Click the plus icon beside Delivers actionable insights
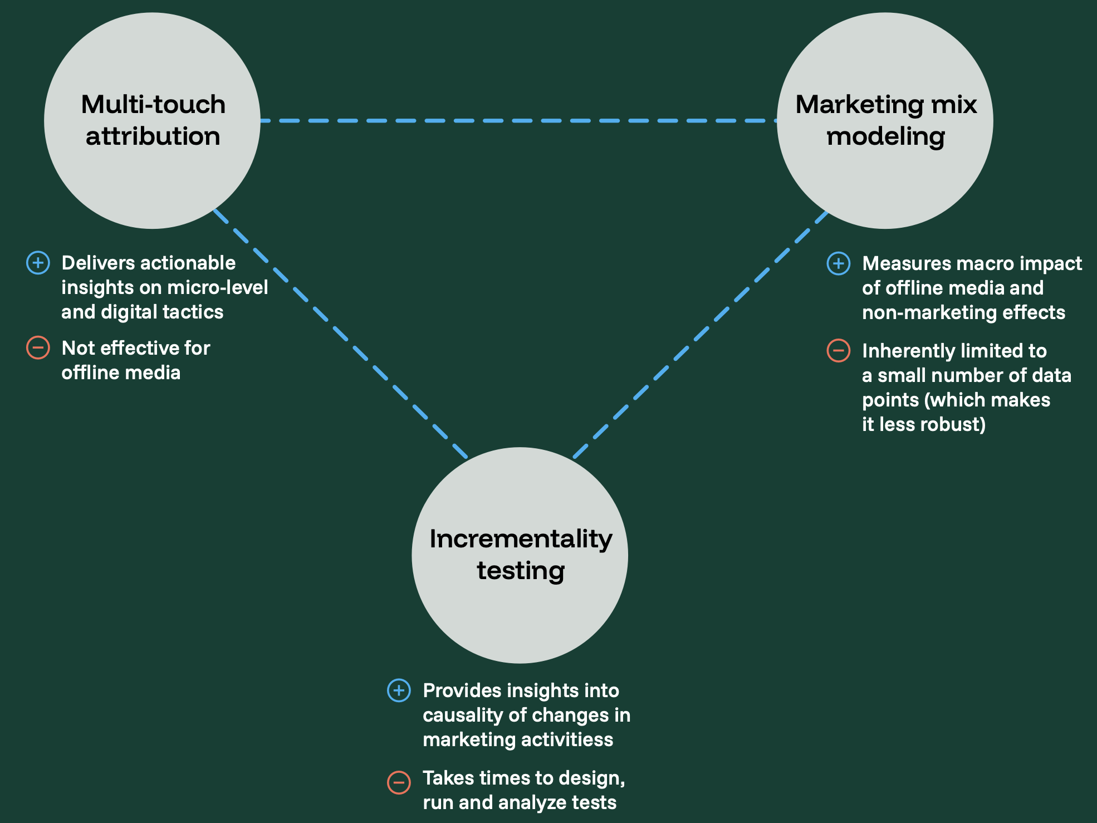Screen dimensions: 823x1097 [x=38, y=263]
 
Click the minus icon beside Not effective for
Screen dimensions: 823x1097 [x=38, y=348]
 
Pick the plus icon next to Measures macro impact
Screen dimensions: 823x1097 [x=838, y=263]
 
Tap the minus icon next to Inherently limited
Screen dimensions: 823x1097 [x=838, y=350]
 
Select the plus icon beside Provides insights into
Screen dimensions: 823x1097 [x=399, y=690]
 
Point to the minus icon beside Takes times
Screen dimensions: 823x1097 [x=399, y=782]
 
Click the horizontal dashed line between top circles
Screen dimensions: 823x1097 [x=518, y=120]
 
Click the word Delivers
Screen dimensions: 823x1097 [x=91, y=263]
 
